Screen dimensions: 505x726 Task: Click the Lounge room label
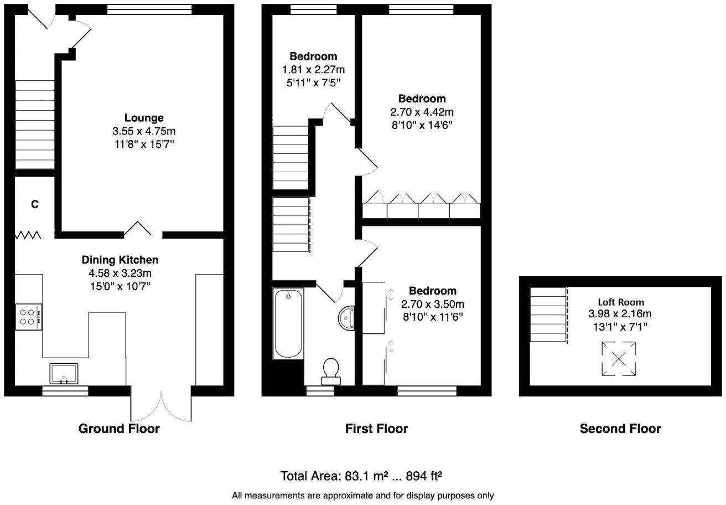click(143, 118)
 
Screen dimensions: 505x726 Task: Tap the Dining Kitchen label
click(120, 260)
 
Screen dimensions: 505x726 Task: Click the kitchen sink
click(65, 374)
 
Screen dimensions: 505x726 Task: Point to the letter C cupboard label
click(34, 205)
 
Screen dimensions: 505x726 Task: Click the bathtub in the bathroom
click(288, 324)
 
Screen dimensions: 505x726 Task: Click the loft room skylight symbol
click(619, 359)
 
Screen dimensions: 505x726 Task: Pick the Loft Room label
click(620, 302)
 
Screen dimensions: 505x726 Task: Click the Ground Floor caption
click(119, 429)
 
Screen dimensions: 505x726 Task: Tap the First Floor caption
click(376, 429)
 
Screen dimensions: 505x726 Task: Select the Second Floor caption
click(620, 429)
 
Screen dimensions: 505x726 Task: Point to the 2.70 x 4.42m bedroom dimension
click(422, 112)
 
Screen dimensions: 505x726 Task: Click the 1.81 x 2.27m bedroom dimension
click(313, 70)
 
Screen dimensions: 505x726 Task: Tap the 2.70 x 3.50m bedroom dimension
click(433, 304)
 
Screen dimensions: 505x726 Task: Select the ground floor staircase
click(34, 125)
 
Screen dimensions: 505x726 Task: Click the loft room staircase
click(548, 315)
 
